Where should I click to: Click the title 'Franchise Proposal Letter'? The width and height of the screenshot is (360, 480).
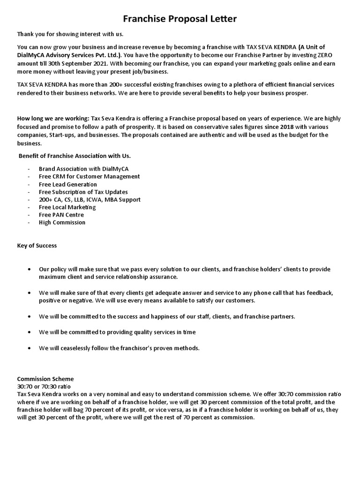tap(180, 19)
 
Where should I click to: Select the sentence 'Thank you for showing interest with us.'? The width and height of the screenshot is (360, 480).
tap(70, 35)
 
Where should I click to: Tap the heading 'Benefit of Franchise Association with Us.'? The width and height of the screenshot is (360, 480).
tap(75, 156)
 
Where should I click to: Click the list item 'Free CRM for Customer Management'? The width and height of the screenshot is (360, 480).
tap(89, 177)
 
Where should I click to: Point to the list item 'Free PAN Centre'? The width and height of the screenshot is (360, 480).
tap(61, 215)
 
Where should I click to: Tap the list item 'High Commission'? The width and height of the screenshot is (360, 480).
tap(62, 223)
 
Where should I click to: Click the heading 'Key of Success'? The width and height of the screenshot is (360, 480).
tap(37, 246)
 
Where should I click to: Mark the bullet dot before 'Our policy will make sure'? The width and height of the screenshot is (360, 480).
tap(30, 270)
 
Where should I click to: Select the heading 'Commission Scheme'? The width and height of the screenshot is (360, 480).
tap(45, 379)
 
